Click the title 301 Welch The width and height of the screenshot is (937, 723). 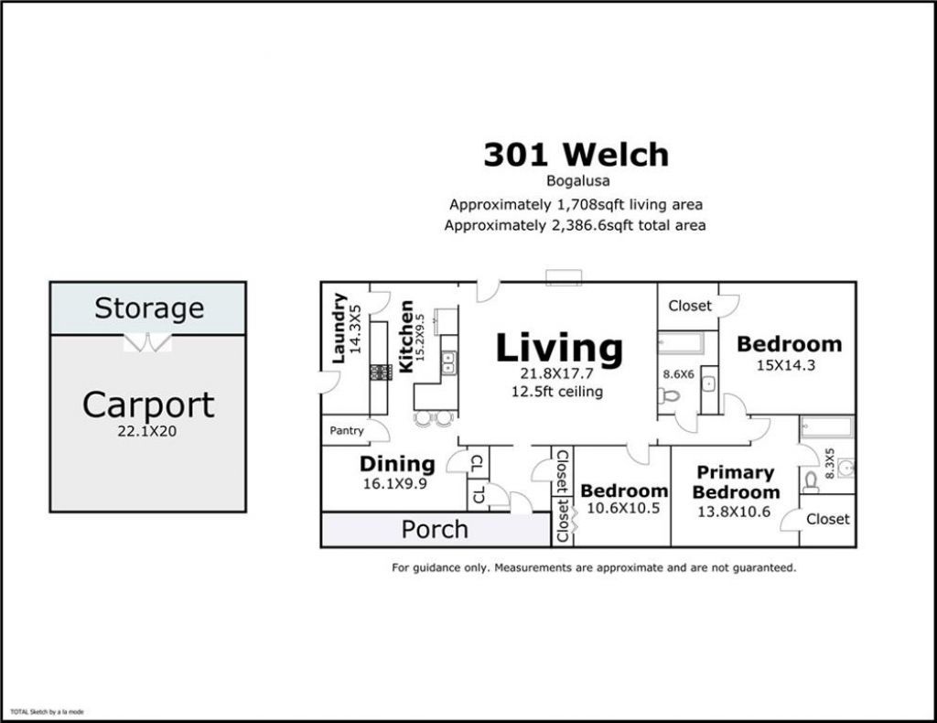576,155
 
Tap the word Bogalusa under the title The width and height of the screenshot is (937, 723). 578,180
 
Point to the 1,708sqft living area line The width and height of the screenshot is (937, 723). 576,204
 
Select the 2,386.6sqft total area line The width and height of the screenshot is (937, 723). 575,225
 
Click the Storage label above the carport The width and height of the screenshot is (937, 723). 149,308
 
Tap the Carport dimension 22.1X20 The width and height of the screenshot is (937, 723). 147,431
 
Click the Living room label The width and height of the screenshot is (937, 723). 559,348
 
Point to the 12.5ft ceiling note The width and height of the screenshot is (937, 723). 557,392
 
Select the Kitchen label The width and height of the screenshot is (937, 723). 405,337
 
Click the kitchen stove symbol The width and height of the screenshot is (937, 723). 381,372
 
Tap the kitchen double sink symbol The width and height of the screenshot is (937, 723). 448,362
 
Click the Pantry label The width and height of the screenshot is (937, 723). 347,430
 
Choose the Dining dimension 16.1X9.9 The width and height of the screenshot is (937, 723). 395,483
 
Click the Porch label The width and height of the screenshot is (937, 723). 435,529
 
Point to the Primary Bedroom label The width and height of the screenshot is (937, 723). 736,482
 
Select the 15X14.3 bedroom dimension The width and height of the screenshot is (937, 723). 786,365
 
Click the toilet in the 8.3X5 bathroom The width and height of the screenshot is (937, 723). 811,480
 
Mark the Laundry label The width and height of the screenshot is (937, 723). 339,328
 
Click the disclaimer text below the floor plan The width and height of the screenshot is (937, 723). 594,567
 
